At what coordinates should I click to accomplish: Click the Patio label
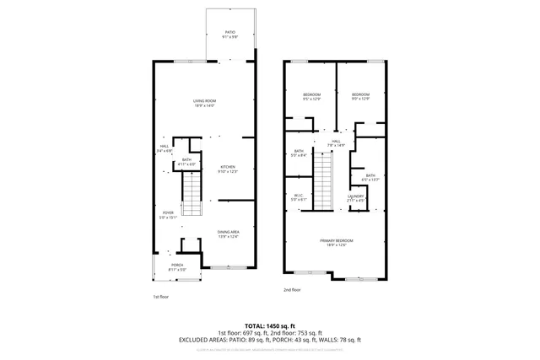pyautogui.click(x=229, y=35)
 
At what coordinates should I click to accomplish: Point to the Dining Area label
pyautogui.click(x=229, y=234)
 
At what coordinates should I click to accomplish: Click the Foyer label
pyautogui.click(x=168, y=215)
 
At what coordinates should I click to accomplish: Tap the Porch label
pyautogui.click(x=177, y=267)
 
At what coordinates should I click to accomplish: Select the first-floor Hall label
pyautogui.click(x=165, y=148)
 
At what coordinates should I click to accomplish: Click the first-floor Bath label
pyautogui.click(x=186, y=161)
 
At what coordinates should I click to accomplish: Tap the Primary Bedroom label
pyautogui.click(x=336, y=243)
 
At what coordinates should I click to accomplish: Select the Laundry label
pyautogui.click(x=355, y=198)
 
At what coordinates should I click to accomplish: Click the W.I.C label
pyautogui.click(x=299, y=197)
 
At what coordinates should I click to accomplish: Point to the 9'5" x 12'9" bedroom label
pyautogui.click(x=311, y=96)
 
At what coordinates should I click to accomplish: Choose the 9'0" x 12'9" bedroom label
pyautogui.click(x=361, y=96)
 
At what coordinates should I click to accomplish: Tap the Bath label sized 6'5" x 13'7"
pyautogui.click(x=370, y=178)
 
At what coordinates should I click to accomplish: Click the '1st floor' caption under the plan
pyautogui.click(x=161, y=297)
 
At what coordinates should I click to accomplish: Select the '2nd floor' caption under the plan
pyautogui.click(x=292, y=290)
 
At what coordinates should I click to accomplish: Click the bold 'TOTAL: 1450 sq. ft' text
pyautogui.click(x=269, y=325)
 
